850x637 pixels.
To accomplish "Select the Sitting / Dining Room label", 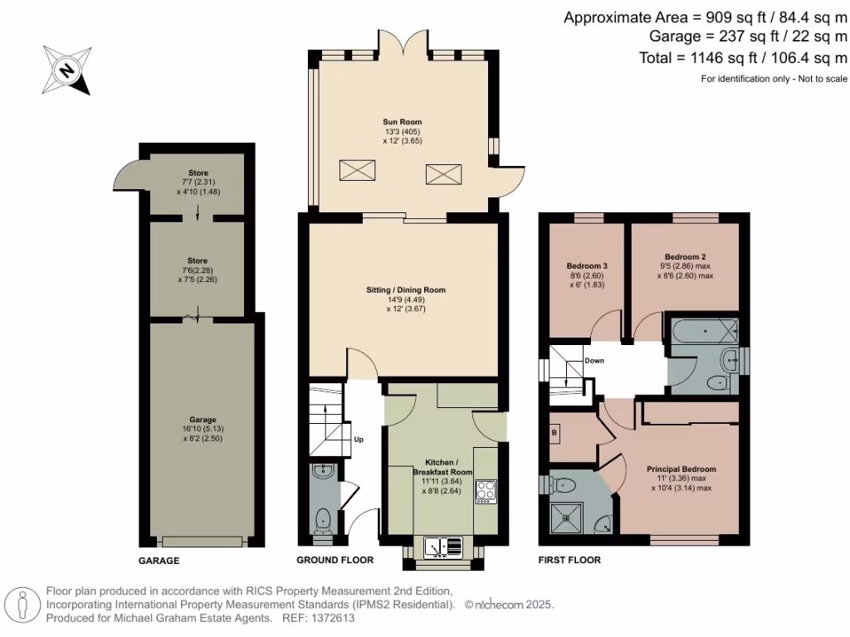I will (406, 290).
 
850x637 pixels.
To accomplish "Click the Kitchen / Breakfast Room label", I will (442, 466).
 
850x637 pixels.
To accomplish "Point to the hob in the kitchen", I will (485, 491).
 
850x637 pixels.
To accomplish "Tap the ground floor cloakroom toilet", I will (323, 521).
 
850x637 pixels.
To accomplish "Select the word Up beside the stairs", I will (359, 440).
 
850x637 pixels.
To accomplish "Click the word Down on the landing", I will (594, 361).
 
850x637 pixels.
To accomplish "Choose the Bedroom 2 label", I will (685, 257).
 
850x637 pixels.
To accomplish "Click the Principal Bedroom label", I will (681, 469).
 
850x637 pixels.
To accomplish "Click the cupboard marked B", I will (554, 433).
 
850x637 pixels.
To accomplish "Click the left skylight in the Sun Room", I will (355, 171).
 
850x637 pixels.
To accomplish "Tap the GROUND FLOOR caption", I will (335, 561).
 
